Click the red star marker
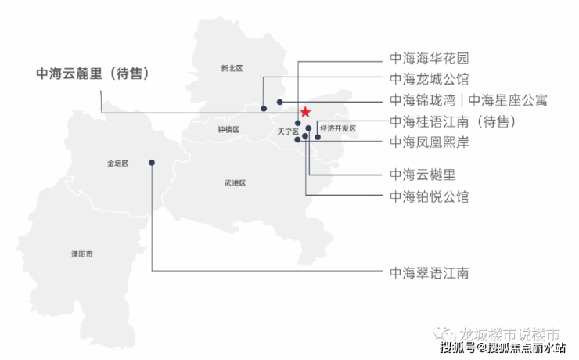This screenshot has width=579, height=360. click(x=305, y=112)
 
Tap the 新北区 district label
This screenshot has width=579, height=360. click(x=232, y=68)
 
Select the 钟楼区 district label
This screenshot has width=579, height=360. click(x=228, y=129)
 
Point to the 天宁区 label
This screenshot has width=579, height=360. click(x=288, y=131)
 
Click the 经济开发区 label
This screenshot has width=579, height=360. click(x=338, y=128)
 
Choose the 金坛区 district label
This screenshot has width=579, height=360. click(x=118, y=164)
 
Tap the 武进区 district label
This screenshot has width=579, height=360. click(x=236, y=183)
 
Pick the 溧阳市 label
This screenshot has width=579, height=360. click(x=82, y=254)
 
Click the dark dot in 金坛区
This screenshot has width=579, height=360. click(x=152, y=163)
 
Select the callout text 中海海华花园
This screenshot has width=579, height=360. click(x=430, y=58)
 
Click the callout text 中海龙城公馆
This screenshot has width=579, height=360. click(x=430, y=79)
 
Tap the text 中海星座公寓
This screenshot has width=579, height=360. click(x=508, y=100)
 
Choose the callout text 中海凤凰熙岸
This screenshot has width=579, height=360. click(x=430, y=142)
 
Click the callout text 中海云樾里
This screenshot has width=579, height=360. click(x=423, y=175)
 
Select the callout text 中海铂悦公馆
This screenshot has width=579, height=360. click(x=430, y=196)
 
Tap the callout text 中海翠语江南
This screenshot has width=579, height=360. click(x=430, y=273)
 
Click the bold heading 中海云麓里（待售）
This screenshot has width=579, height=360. click(x=93, y=74)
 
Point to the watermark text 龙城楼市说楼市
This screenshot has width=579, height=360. click(x=509, y=334)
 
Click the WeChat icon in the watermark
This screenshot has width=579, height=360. click(x=445, y=334)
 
